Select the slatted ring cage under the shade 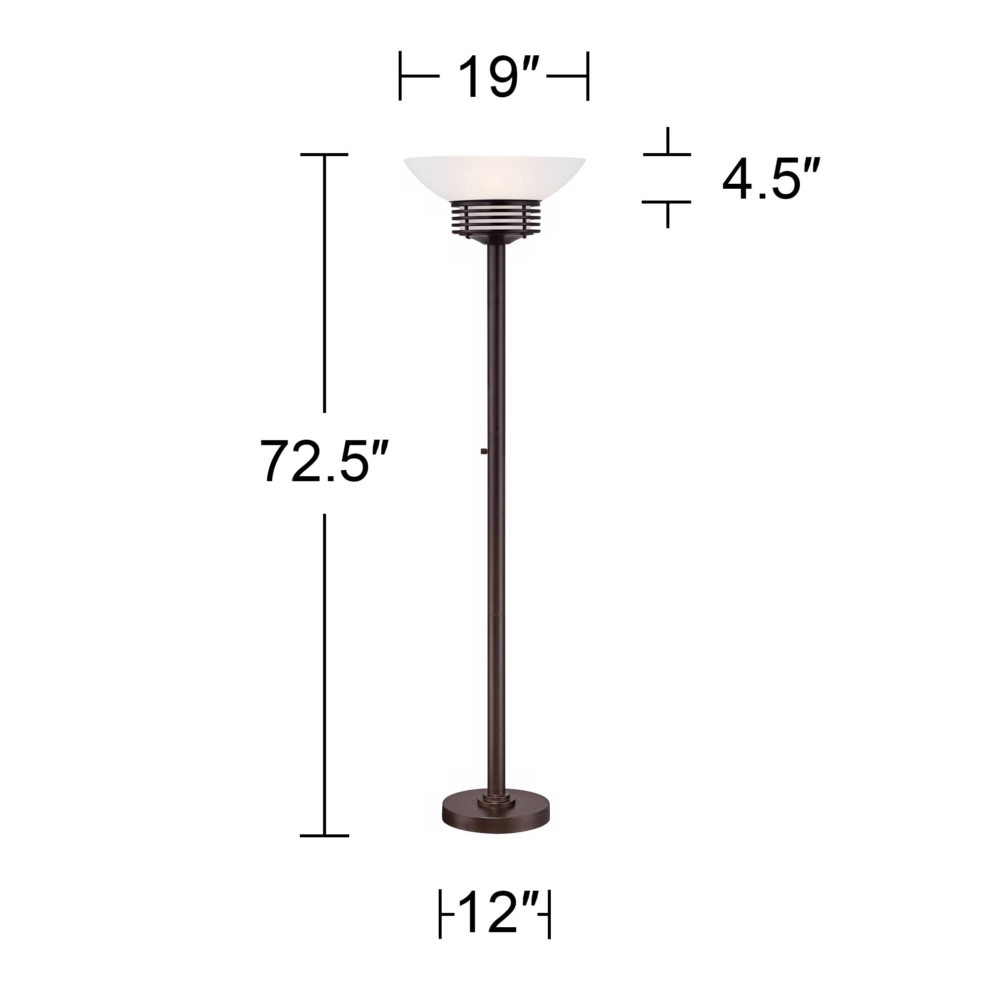(494, 217)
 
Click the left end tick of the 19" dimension (400, 76)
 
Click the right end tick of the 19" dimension (587, 76)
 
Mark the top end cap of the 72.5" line (324, 154)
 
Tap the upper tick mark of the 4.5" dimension (667, 154)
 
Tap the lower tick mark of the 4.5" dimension (667, 202)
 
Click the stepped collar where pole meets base (494, 801)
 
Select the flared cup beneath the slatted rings (494, 238)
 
